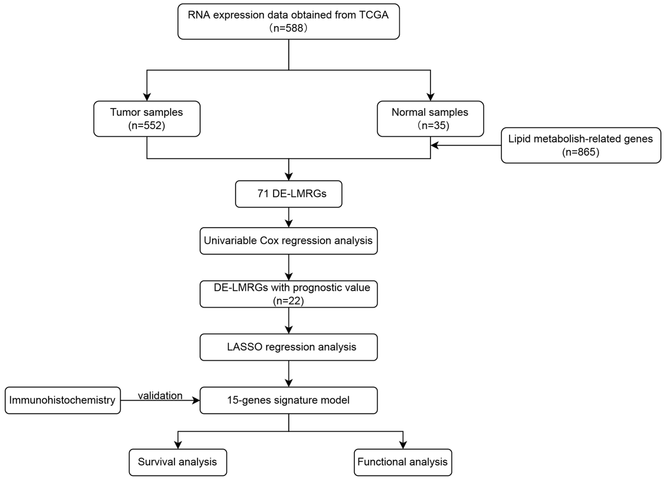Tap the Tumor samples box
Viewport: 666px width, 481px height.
click(147, 119)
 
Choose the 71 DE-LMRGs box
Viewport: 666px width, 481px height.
click(289, 194)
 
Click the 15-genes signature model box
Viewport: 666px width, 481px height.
click(289, 400)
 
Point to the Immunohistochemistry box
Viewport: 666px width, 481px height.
click(63, 400)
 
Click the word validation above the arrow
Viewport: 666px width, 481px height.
click(160, 396)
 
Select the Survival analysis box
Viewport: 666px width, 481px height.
click(178, 462)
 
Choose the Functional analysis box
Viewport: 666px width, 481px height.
click(403, 462)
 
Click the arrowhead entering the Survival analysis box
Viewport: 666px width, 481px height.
click(178, 445)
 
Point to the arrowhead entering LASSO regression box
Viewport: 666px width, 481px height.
click(289, 330)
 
